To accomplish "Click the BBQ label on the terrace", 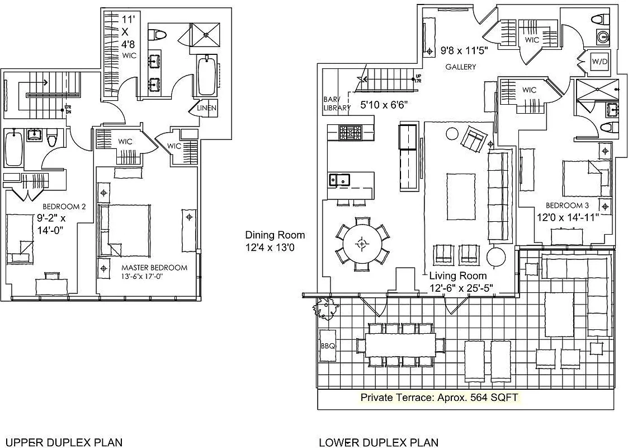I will (328, 346).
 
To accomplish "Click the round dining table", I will (362, 244).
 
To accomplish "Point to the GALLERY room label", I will (460, 67).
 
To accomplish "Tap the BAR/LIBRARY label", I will (337, 104).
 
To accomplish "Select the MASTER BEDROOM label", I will (154, 268).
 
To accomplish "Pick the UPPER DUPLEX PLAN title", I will (63, 442).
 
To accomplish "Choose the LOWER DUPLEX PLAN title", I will (379, 442).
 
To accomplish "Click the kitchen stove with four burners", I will (351, 133).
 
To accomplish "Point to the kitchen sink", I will (339, 180).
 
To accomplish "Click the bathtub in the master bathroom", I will (206, 76).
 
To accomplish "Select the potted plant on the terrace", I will (324, 308).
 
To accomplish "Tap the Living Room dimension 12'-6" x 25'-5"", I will (465, 289).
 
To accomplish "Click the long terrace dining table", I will (400, 342).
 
